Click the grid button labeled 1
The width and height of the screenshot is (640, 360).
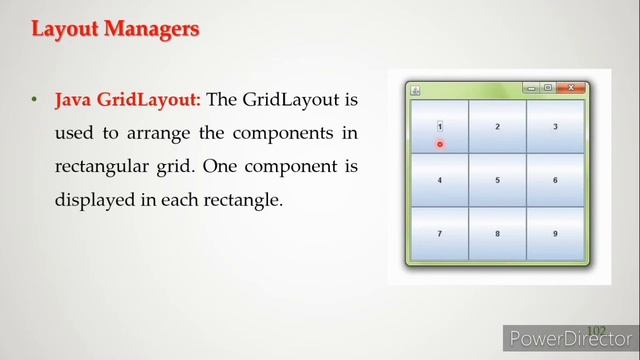pyautogui.click(x=439, y=127)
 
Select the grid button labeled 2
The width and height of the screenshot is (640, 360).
pyautogui.click(x=497, y=127)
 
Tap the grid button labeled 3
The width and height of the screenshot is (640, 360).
pyautogui.click(x=555, y=127)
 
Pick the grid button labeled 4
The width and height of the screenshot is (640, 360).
pyautogui.click(x=439, y=180)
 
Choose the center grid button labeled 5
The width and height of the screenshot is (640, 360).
pyautogui.click(x=497, y=180)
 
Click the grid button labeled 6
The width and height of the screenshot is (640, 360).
pyautogui.click(x=555, y=180)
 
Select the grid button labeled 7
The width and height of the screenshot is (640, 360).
pyautogui.click(x=439, y=234)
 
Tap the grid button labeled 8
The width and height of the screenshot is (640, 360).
pyautogui.click(x=497, y=234)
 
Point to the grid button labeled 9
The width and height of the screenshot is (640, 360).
pyautogui.click(x=555, y=234)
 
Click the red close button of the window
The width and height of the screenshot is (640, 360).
pyautogui.click(x=570, y=88)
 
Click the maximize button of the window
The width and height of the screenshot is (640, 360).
pyautogui.click(x=548, y=88)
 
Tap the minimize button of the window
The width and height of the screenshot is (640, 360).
pyautogui.click(x=531, y=88)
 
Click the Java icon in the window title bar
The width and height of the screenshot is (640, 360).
pyautogui.click(x=415, y=90)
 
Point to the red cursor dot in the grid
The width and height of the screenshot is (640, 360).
pyautogui.click(x=439, y=144)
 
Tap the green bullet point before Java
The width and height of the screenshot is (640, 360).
pyautogui.click(x=33, y=100)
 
